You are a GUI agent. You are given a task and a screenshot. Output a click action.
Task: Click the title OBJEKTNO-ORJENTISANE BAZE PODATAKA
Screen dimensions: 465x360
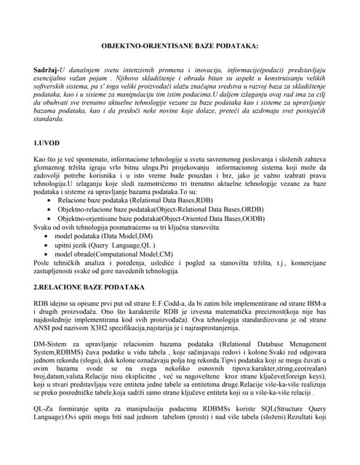(179, 46)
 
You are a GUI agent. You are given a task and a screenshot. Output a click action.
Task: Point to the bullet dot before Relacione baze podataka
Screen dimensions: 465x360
(49, 199)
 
